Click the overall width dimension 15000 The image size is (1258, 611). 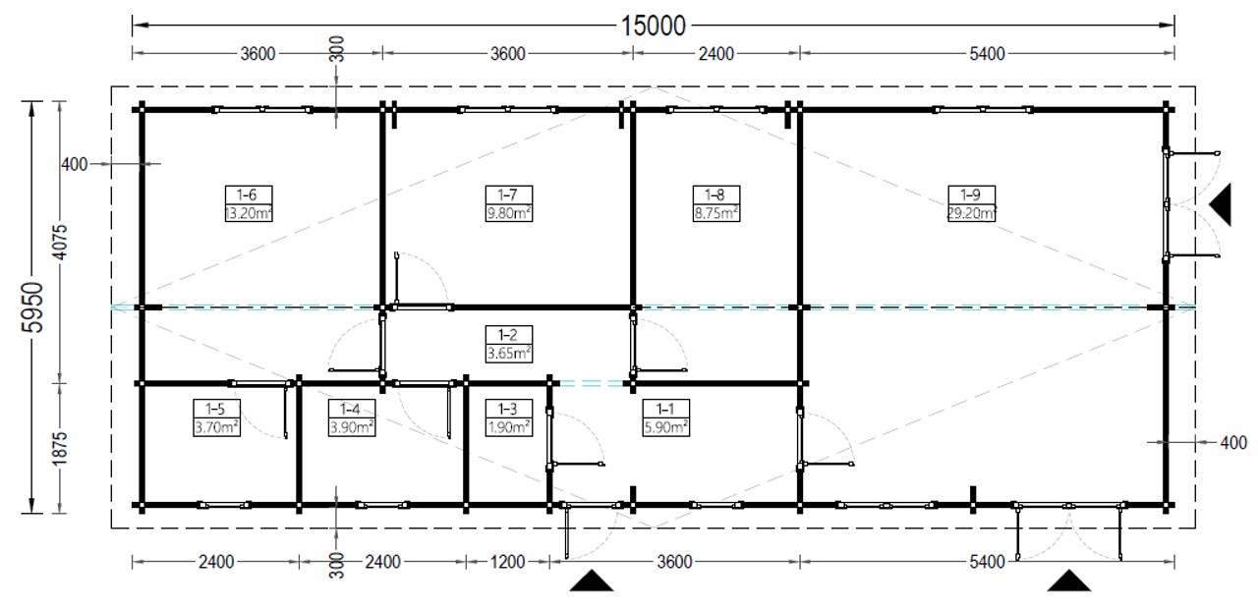[653, 26]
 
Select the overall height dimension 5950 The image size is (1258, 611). [32, 307]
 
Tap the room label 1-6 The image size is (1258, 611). [247, 194]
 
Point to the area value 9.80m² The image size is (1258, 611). [509, 213]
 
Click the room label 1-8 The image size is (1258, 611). [715, 194]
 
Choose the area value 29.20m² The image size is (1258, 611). [972, 213]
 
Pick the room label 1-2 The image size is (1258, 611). [508, 335]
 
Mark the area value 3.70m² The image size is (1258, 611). [216, 427]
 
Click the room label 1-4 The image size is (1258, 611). [350, 409]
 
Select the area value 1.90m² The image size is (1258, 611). [509, 427]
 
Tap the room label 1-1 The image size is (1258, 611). [665, 409]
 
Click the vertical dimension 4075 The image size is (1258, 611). [60, 242]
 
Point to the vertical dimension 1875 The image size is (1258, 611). [60, 449]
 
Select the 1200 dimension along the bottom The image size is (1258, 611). [508, 562]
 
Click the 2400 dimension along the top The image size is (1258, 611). [716, 54]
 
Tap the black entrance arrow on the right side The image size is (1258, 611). [1223, 204]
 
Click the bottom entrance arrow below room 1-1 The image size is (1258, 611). [592, 582]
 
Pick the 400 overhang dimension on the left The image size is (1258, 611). [74, 165]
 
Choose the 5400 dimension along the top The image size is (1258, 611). [987, 54]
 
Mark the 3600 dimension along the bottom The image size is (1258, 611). [674, 562]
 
